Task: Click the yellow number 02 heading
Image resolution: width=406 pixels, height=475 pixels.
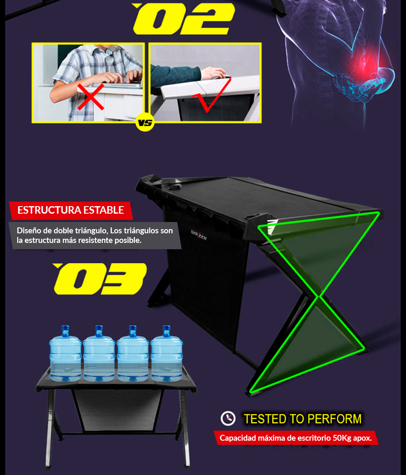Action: pyautogui.click(x=183, y=19)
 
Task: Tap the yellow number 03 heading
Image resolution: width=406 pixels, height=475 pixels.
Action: pyautogui.click(x=100, y=278)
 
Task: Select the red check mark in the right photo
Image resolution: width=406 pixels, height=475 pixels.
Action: pyautogui.click(x=212, y=95)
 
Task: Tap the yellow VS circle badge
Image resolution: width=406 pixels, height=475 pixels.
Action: pyautogui.click(x=145, y=123)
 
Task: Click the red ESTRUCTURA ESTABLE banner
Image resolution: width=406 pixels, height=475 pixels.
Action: pyautogui.click(x=71, y=210)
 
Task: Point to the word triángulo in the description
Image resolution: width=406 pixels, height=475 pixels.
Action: pyautogui.click(x=91, y=231)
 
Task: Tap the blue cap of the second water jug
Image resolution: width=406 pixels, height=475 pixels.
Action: pyautogui.click(x=99, y=331)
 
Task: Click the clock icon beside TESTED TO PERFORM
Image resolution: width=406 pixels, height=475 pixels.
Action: pyautogui.click(x=228, y=419)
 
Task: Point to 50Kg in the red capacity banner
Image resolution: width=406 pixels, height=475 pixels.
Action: pyautogui.click(x=342, y=438)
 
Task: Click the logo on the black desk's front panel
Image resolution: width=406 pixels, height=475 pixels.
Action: pyautogui.click(x=199, y=235)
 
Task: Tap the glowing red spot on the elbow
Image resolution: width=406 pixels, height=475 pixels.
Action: pyautogui.click(x=368, y=66)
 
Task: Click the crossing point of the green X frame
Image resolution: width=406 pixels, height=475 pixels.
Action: pyautogui.click(x=319, y=297)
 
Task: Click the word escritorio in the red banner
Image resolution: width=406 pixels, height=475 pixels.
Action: pyautogui.click(x=314, y=438)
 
